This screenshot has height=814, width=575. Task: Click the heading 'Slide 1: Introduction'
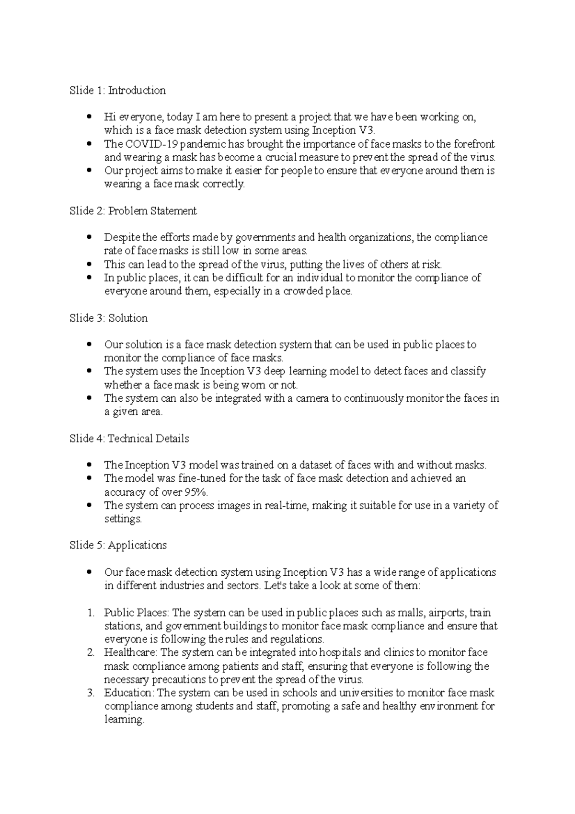click(x=117, y=91)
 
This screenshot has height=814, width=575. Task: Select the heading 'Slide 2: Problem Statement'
click(x=133, y=211)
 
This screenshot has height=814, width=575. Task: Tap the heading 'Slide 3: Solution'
click(x=108, y=318)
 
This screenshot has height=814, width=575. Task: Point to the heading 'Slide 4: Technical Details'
click(x=129, y=439)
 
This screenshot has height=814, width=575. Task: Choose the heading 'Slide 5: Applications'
click(x=118, y=546)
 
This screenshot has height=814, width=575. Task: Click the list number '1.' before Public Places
click(x=91, y=613)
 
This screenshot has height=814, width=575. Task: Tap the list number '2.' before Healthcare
click(x=91, y=653)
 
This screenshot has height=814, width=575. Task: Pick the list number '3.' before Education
click(x=91, y=693)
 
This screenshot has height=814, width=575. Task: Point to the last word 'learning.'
click(x=124, y=720)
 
